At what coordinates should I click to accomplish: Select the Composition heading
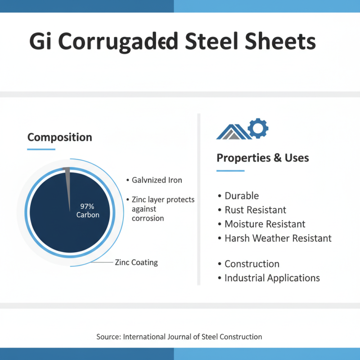coord(59,137)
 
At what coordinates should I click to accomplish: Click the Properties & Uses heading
coord(262,158)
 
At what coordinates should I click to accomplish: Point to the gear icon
coord(258,128)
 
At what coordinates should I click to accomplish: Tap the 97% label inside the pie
coord(87,206)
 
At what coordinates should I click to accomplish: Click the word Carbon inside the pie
coord(88,215)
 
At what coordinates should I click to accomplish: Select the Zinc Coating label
coord(136,262)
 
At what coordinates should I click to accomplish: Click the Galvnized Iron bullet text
coord(157,180)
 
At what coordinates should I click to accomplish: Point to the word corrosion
coord(148,218)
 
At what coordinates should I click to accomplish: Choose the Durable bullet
coord(242,196)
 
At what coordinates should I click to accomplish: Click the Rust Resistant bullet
coord(255,210)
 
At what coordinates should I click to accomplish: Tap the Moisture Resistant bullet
coord(265,224)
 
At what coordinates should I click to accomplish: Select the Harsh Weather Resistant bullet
coord(278,238)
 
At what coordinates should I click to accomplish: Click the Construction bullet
coord(252,264)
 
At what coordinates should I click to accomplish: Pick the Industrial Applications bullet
coord(272,278)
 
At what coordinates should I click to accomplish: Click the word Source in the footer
coord(108,337)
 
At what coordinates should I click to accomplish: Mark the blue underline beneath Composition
coord(41,149)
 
